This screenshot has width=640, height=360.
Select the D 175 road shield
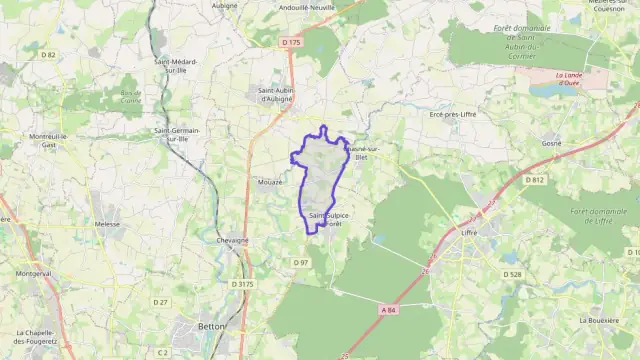[291, 42]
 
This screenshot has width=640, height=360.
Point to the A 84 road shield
[388, 310]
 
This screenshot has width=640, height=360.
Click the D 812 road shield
[535, 180]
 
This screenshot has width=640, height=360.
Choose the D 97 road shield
[301, 262]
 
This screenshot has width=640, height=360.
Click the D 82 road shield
[49, 55]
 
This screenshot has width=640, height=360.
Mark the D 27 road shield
[160, 302]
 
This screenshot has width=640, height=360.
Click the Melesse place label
[106, 225]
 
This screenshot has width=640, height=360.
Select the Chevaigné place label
[232, 240]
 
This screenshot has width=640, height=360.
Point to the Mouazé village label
[269, 182]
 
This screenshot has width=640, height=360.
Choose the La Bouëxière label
[601, 320]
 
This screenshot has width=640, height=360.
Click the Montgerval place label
[32, 273]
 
